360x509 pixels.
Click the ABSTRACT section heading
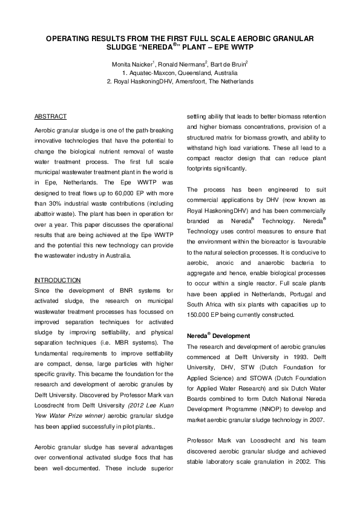click(51, 116)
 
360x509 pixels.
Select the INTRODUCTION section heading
click(57, 280)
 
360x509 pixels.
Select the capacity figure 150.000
click(200, 314)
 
